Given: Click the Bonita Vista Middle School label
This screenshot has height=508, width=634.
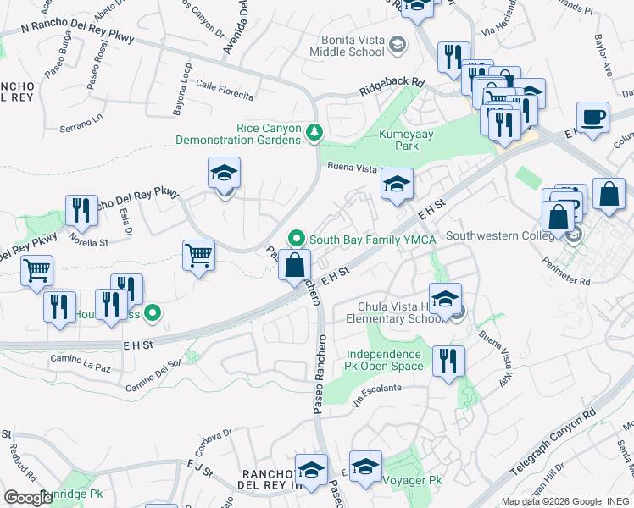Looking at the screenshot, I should point(353,45).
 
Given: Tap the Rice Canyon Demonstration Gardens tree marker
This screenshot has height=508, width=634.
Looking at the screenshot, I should point(314,132).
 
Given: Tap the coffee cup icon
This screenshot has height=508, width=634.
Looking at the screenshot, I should point(592,117).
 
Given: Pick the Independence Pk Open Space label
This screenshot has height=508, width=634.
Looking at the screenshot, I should point(383,360).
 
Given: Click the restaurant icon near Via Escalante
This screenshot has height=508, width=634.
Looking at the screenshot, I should point(448,361).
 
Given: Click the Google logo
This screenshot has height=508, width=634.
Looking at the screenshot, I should point(27,498).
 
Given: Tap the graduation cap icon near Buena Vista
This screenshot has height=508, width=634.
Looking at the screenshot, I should point(397,185).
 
